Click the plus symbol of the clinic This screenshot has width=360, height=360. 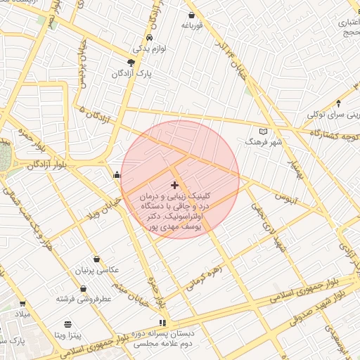point(174,185)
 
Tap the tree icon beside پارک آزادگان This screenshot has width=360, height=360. point(131,62)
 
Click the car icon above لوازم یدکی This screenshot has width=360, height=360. point(149,38)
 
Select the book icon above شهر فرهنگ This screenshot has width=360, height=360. point(264,131)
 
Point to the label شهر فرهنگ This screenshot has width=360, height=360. point(263,142)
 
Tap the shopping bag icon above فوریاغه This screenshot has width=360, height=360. point(192,14)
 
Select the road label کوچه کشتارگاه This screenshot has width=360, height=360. point(333,132)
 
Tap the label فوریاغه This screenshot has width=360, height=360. point(192,25)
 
